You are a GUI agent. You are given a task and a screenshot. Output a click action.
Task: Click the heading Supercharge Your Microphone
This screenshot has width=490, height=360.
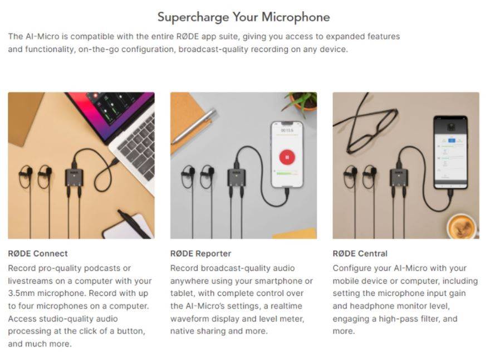[x=243, y=17]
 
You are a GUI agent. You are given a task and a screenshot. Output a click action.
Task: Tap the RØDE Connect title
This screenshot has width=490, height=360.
[x=38, y=254]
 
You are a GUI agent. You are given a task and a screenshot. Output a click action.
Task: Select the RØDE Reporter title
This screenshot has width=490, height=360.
[x=200, y=254]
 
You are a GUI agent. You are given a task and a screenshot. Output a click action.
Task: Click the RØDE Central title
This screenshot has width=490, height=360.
[x=360, y=254]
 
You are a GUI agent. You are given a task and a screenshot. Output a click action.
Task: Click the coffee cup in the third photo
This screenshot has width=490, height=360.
[x=462, y=226]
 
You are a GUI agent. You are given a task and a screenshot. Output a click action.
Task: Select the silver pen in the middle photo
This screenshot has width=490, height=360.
[x=195, y=126]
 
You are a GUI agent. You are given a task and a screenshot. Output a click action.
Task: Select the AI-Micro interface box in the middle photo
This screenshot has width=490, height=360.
[x=236, y=177]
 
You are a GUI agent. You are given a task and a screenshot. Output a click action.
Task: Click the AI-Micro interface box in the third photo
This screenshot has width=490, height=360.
[x=399, y=177]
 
